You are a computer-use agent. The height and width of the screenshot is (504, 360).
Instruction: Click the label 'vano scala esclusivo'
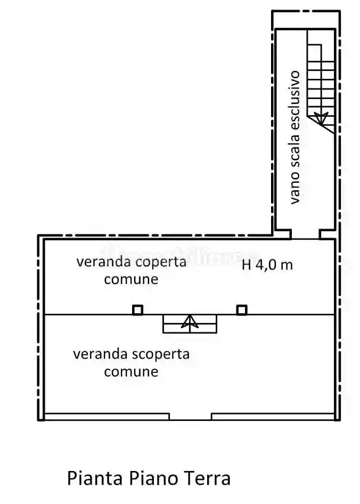pos(295,137)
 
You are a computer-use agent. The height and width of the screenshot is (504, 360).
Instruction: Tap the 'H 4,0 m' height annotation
pos(267,265)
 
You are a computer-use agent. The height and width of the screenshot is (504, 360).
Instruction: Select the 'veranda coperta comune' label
pos(131,270)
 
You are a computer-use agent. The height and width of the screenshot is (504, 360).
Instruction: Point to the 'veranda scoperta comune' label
pos(131,362)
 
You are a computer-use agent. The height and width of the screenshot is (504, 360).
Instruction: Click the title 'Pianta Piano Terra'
pos(149,478)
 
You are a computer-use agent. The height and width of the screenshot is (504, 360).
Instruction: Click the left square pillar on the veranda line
pos(137,310)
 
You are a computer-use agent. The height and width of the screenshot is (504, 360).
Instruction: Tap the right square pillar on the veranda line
pos(241,310)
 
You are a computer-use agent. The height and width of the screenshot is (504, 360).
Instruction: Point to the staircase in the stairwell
pos(321,85)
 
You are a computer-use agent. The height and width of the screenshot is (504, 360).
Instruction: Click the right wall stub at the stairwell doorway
pos(327,234)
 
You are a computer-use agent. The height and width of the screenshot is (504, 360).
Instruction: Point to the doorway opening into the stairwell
pos(305,235)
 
